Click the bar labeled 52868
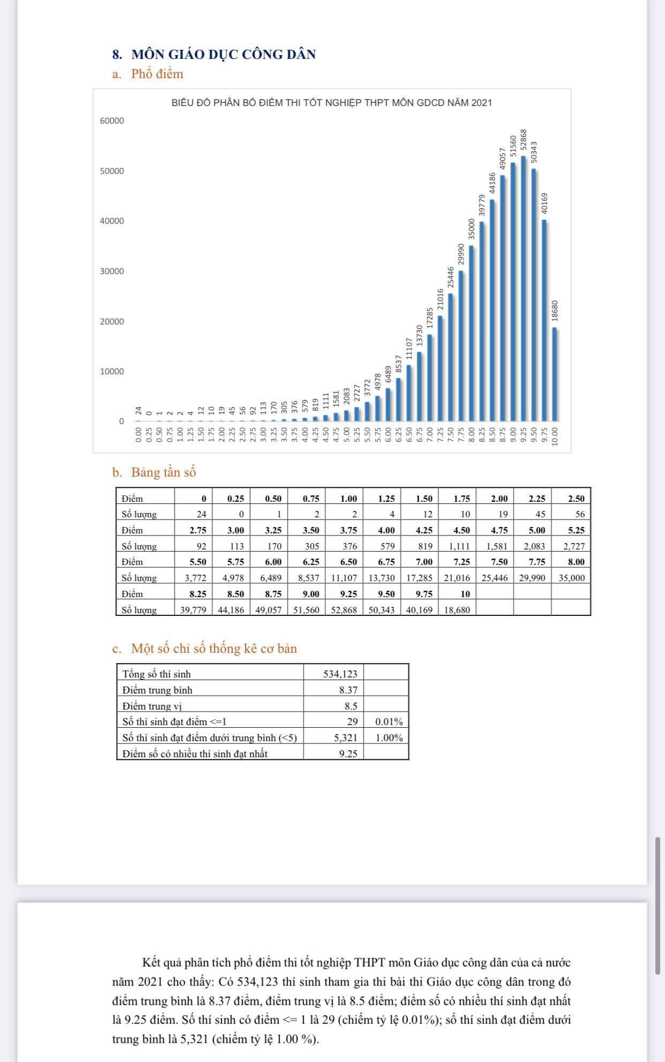(523, 289)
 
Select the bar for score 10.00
(555, 375)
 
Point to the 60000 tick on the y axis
(112, 121)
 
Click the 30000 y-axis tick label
(112, 272)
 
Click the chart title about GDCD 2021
(331, 103)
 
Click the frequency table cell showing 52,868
(344, 609)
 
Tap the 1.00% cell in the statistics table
(389, 738)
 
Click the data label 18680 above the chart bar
(555, 311)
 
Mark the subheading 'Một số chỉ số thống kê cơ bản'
(214, 649)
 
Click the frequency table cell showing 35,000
(571, 578)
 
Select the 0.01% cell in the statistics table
(389, 722)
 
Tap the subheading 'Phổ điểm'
(157, 74)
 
